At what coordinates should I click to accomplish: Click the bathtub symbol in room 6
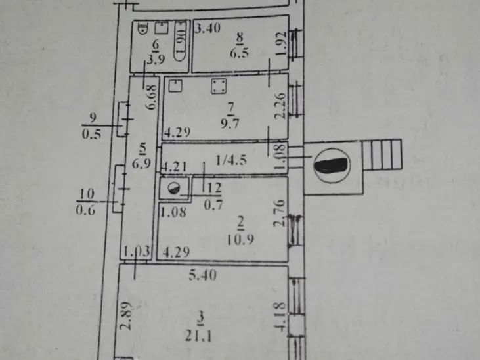click(180, 42)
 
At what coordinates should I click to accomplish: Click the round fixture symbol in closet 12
click(173, 189)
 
